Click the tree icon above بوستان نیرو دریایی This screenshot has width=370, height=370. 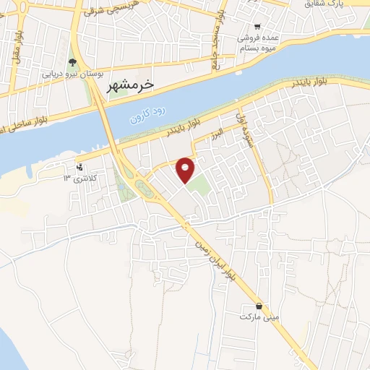(x=71, y=61)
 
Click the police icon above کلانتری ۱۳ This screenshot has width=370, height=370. (x=79, y=167)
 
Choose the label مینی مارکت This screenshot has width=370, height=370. (x=259, y=317)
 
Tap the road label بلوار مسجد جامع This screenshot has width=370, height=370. (x=216, y=51)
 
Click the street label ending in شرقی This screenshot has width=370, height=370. (x=101, y=13)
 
